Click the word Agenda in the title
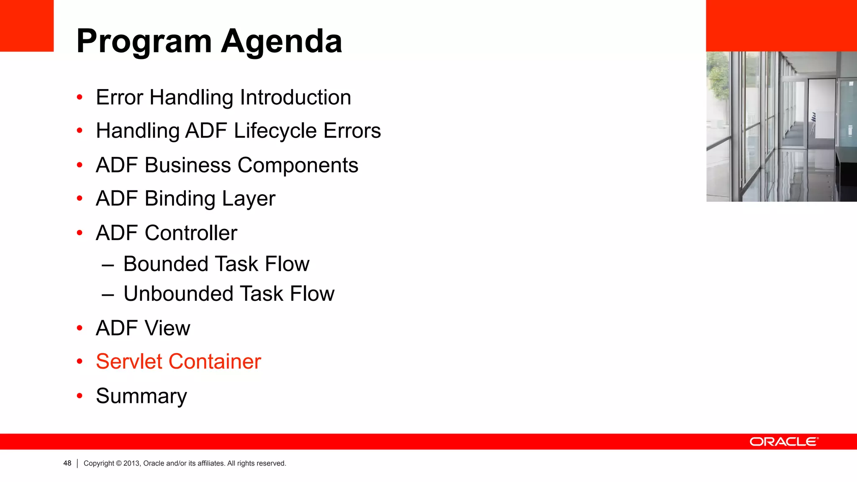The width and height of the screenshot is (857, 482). (282, 42)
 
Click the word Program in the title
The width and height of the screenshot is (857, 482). (144, 42)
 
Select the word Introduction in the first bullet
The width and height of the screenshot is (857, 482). (295, 97)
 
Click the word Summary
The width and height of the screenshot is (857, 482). (141, 396)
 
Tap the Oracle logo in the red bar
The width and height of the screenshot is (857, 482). (784, 442)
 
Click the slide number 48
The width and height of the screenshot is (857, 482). (67, 463)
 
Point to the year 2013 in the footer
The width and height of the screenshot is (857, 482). (131, 463)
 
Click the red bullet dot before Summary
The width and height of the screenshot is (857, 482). (80, 396)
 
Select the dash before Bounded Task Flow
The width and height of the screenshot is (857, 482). (108, 265)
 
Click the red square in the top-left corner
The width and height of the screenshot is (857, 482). (26, 25)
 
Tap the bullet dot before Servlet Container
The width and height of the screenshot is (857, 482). (80, 361)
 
